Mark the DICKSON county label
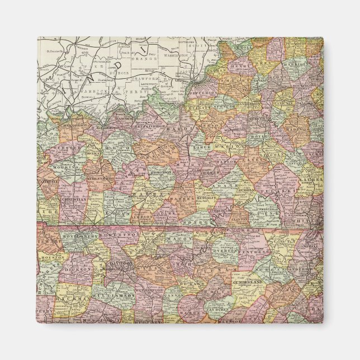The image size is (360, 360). pyautogui.click(x=79, y=269)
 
